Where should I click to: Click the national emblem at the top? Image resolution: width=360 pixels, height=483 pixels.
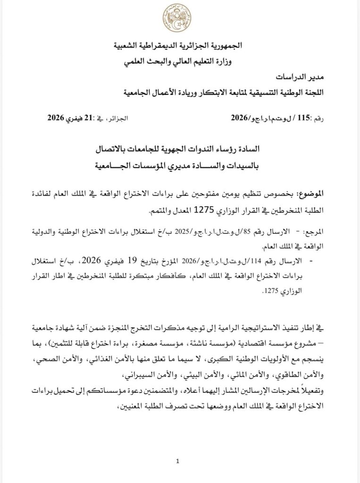(x=177, y=18)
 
